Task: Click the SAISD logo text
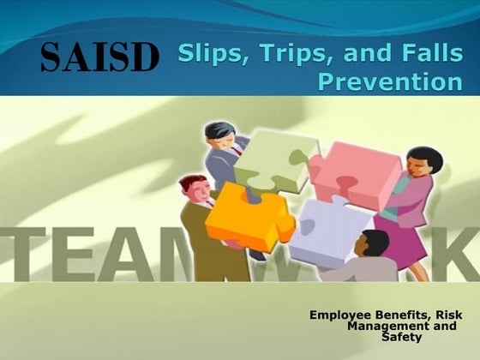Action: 100,58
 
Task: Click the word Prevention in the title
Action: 390,82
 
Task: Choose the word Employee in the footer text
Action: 341,315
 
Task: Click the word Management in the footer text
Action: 385,326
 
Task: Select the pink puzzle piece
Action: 356,172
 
